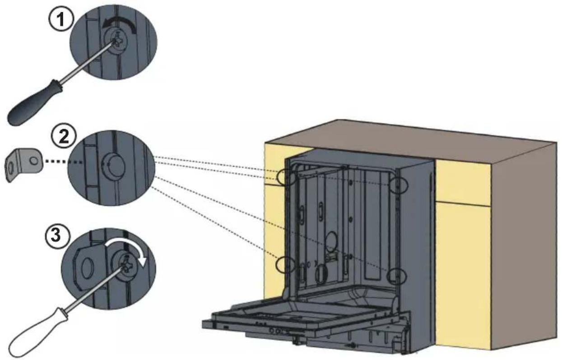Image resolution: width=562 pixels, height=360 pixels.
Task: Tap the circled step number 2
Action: click(64, 137)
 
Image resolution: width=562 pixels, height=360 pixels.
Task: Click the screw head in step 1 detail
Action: click(116, 41)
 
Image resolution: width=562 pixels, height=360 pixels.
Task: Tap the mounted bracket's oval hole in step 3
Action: click(87, 269)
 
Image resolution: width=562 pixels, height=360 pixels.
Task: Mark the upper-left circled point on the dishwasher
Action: click(287, 177)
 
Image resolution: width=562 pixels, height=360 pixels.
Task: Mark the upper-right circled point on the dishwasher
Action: click(399, 185)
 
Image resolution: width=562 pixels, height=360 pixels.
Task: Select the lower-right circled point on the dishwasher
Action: click(397, 276)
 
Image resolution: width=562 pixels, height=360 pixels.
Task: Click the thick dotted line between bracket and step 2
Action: click(63, 162)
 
